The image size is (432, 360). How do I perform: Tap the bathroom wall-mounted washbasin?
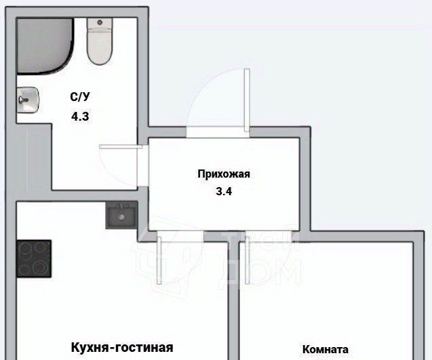point(28,101)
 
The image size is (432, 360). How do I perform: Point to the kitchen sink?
point(121,216)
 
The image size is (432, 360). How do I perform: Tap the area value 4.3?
point(80,116)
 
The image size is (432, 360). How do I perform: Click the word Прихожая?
point(224,174)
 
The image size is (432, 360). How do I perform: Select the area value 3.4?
point(224,191)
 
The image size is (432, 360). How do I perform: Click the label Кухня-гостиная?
point(122,347)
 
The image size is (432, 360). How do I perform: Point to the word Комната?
point(326,350)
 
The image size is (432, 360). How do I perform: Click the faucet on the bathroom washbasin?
point(23,101)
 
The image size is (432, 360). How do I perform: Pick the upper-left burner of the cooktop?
point(26,249)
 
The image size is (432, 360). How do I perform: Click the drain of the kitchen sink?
point(121,218)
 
